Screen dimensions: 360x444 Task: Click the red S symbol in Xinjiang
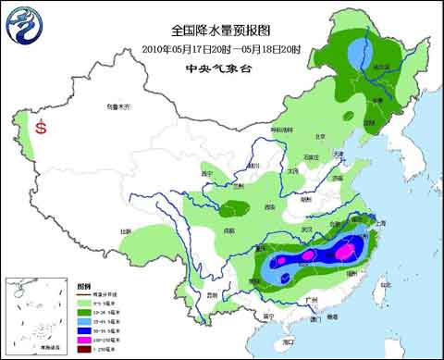click(x=41, y=129)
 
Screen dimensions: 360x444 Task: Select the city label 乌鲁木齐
click(x=116, y=107)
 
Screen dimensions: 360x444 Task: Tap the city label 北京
click(x=320, y=136)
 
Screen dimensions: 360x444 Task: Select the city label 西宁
click(x=207, y=173)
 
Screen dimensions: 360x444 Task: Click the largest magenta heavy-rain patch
click(x=344, y=250)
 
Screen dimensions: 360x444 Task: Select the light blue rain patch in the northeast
click(x=355, y=57)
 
